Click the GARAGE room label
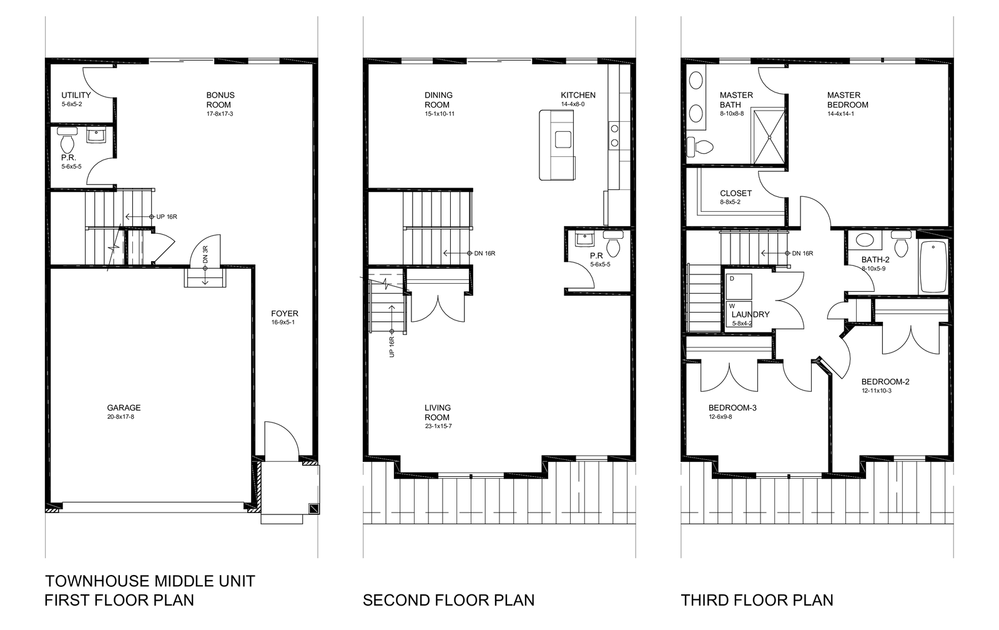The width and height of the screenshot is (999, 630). pyautogui.click(x=124, y=407)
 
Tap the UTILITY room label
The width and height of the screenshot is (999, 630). pyautogui.click(x=76, y=95)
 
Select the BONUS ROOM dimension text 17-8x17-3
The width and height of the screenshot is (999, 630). pyautogui.click(x=219, y=114)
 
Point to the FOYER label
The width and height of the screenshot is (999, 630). pyautogui.click(x=285, y=313)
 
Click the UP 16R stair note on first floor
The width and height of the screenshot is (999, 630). pyautogui.click(x=167, y=216)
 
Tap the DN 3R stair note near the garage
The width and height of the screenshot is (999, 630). pyautogui.click(x=205, y=254)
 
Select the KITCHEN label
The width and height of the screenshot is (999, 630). pyautogui.click(x=578, y=95)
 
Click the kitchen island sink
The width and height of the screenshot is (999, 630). pyautogui.click(x=563, y=139)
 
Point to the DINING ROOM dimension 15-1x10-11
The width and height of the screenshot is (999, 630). pyautogui.click(x=440, y=114)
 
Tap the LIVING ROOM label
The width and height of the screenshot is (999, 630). pyautogui.click(x=437, y=412)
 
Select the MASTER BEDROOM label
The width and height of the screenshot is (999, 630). pyautogui.click(x=848, y=100)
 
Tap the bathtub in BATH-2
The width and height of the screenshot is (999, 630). pyautogui.click(x=933, y=267)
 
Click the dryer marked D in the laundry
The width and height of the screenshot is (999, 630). pyautogui.click(x=739, y=287)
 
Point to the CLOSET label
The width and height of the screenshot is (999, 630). pyautogui.click(x=736, y=193)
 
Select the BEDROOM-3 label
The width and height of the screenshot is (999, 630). pyautogui.click(x=732, y=407)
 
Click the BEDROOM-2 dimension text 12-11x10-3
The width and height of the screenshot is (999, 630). pyautogui.click(x=877, y=391)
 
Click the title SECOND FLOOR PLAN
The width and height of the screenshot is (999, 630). pyautogui.click(x=449, y=600)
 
